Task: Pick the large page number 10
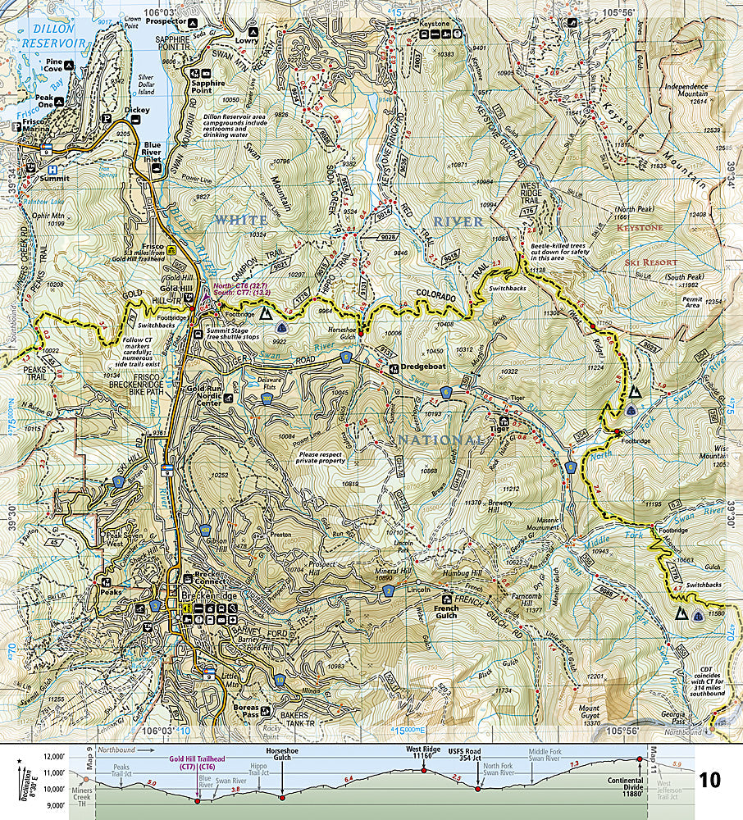point(710,779)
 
